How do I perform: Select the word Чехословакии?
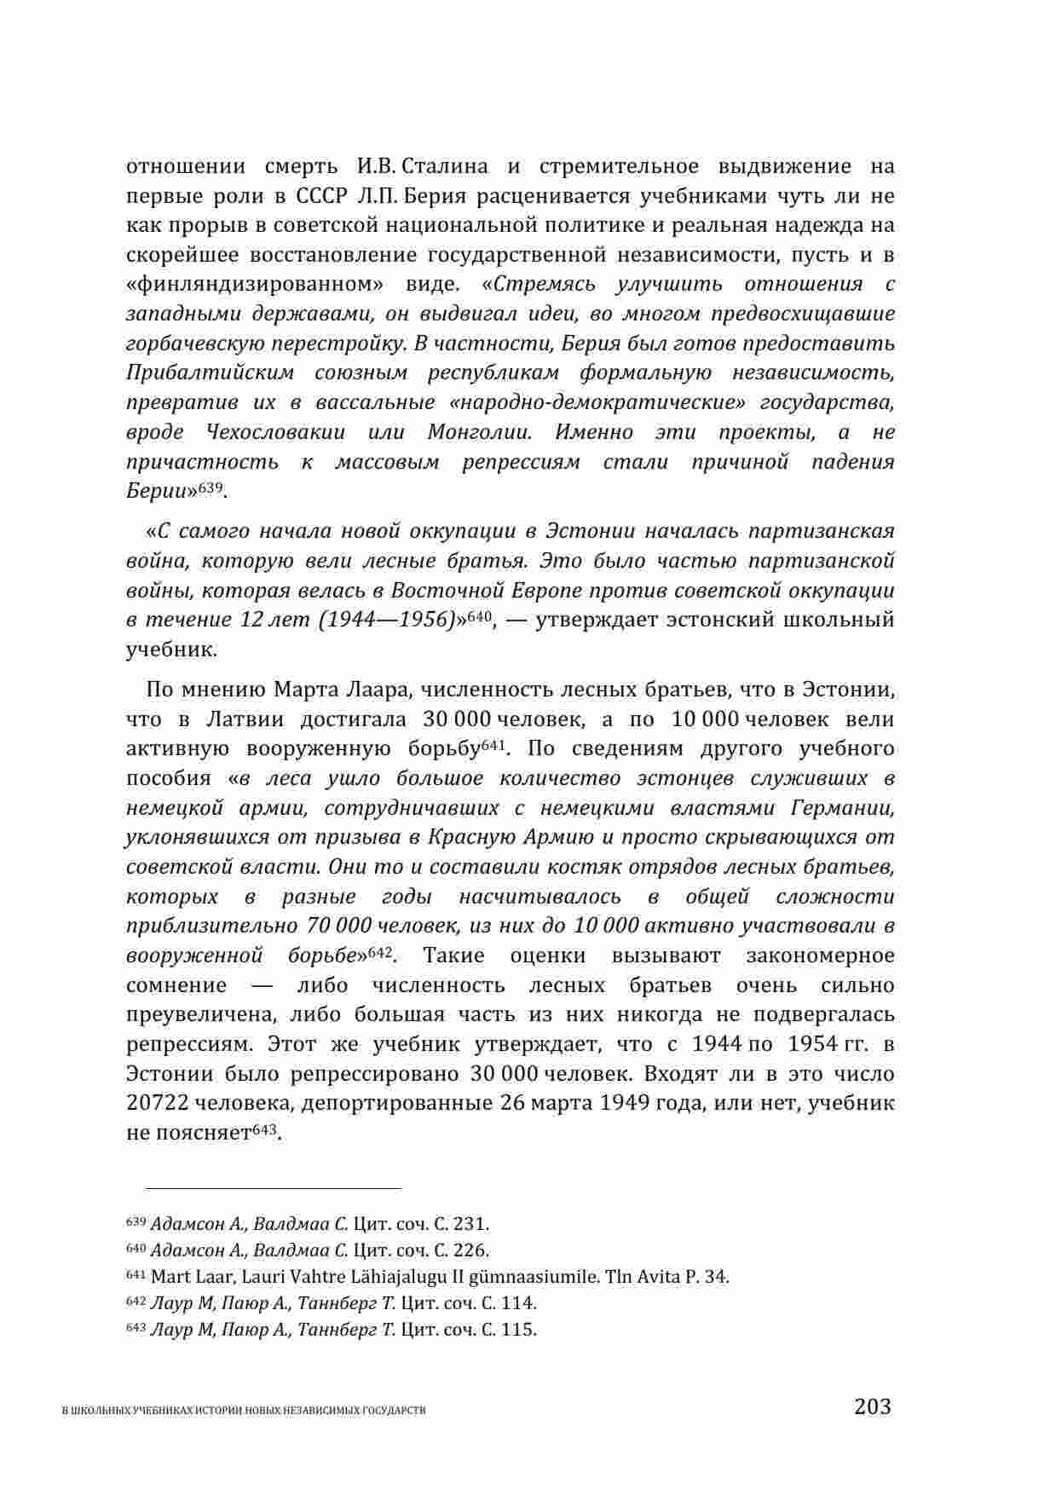click(x=275, y=432)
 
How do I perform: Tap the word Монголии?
click(x=480, y=432)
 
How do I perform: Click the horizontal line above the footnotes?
click(x=273, y=1186)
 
